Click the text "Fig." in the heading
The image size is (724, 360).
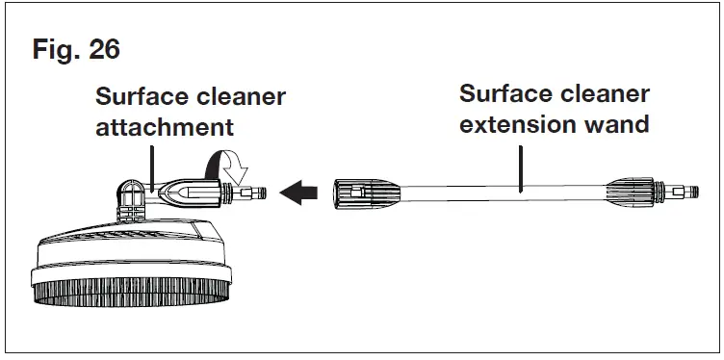55,50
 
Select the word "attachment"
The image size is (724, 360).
164,127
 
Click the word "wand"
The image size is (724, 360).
618,124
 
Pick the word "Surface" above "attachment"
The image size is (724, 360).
142,98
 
